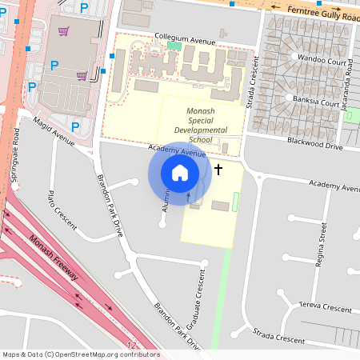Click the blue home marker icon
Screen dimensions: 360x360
pyautogui.click(x=180, y=173)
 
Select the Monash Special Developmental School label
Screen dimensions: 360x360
pyautogui.click(x=189, y=124)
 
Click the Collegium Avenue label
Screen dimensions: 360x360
pyautogui.click(x=186, y=38)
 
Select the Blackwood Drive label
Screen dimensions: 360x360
pyautogui.click(x=315, y=145)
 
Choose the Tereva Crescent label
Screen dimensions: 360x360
pyautogui.click(x=325, y=308)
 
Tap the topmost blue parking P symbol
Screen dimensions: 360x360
pyautogui.click(x=85, y=7)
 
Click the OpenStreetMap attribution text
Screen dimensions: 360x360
pyautogui.click(x=80, y=354)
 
